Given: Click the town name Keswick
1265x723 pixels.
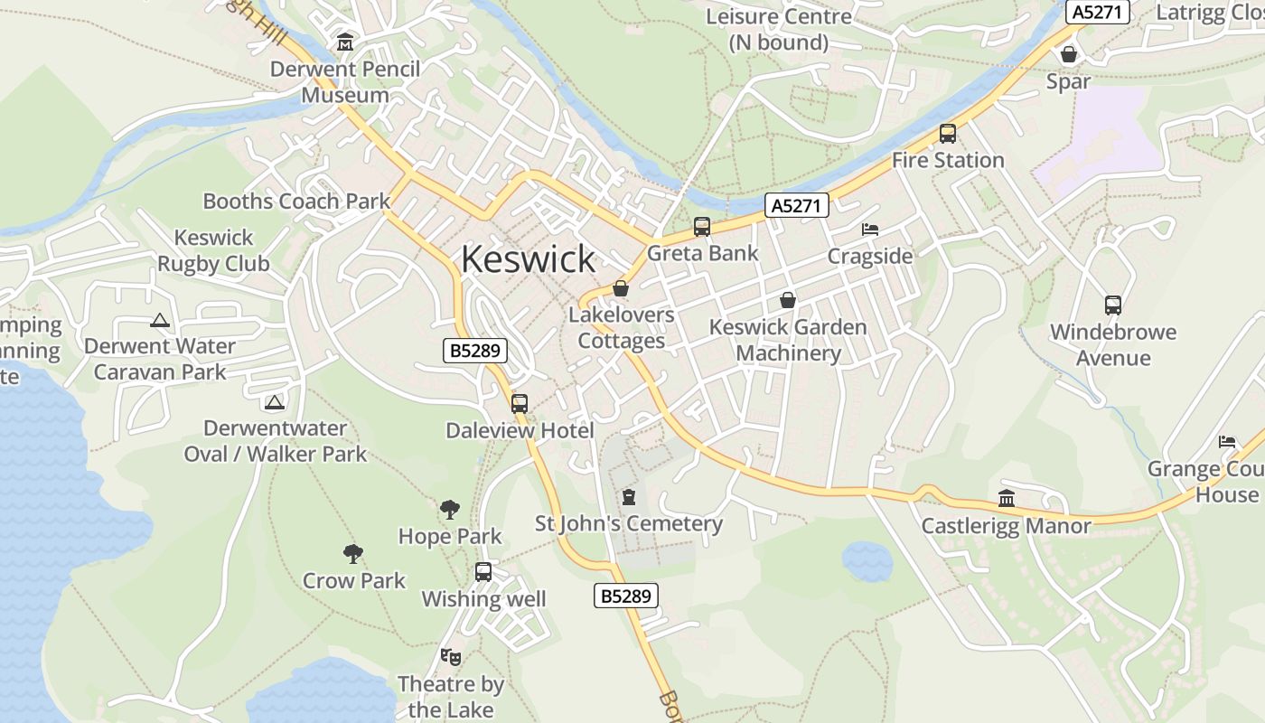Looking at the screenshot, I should [x=528, y=259].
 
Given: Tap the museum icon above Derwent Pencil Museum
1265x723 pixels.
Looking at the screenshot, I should [x=344, y=42].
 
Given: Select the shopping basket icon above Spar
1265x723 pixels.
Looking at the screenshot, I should [x=1069, y=54].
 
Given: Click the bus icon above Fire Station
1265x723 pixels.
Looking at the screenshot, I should [x=948, y=134].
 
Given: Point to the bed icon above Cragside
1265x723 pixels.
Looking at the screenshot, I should [x=870, y=230].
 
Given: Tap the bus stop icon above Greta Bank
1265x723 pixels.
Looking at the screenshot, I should [x=702, y=227].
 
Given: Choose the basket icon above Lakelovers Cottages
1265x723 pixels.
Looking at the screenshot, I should [x=621, y=288].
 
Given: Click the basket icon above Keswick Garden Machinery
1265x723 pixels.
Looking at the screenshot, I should [x=788, y=300].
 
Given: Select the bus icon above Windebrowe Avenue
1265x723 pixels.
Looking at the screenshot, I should [x=1113, y=305].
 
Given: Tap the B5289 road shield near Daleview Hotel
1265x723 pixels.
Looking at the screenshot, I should [x=475, y=351].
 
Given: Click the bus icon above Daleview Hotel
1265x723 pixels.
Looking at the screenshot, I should [x=520, y=404].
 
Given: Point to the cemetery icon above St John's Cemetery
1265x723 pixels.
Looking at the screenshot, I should [x=629, y=497].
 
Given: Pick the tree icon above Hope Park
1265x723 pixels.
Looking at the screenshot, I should [x=449, y=510].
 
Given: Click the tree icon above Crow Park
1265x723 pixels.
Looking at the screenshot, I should [x=353, y=554].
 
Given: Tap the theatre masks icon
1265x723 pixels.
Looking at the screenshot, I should [x=450, y=657].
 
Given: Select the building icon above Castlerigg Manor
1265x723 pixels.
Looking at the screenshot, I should [x=1007, y=498].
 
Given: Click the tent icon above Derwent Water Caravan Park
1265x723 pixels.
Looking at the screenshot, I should [x=160, y=320].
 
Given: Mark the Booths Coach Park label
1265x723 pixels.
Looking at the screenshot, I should [x=296, y=201].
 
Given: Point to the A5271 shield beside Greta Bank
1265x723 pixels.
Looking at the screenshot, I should [x=797, y=206].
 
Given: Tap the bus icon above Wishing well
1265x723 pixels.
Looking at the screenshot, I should [x=483, y=572].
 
